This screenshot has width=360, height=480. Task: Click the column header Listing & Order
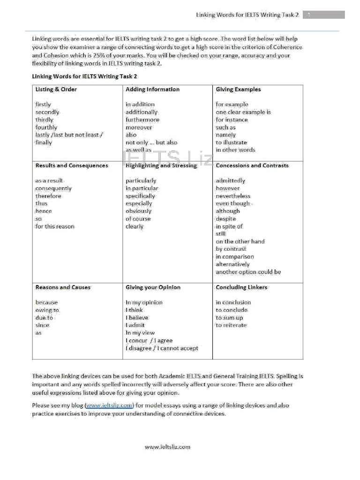[56, 89]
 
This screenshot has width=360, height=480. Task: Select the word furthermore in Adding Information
[142, 120]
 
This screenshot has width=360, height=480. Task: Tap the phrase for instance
[232, 120]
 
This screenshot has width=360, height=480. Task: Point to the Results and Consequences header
[72, 165]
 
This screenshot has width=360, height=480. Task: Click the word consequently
[53, 188]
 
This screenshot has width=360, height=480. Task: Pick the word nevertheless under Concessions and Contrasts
[233, 196]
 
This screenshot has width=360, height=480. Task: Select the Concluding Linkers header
[241, 287]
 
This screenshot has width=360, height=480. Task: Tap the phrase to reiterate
[231, 325]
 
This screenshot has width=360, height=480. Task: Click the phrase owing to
[47, 310]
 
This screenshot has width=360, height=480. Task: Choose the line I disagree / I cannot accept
[162, 348]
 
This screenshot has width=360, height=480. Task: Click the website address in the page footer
[167, 447]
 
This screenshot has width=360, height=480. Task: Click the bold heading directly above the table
[85, 76]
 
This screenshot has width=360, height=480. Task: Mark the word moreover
[139, 127]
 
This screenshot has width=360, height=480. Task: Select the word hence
[44, 211]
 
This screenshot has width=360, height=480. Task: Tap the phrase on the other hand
[240, 241]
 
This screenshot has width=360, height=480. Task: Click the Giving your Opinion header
[153, 287]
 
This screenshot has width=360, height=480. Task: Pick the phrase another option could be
[248, 272]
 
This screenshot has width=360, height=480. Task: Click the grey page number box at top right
[323, 15]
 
